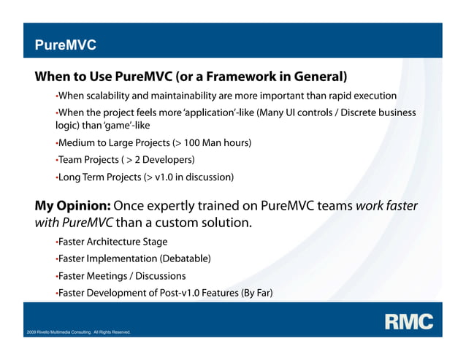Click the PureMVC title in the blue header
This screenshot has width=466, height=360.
66,45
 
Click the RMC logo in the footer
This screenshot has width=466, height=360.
409,321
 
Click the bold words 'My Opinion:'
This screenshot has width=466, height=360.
72,206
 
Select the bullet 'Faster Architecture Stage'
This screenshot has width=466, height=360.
112,241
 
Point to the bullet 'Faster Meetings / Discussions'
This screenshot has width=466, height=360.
121,276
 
